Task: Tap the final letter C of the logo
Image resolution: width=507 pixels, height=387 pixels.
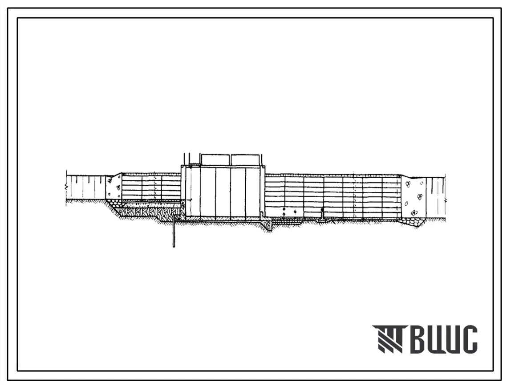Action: click(469, 339)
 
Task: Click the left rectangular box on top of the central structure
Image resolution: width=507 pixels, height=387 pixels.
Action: click(215, 159)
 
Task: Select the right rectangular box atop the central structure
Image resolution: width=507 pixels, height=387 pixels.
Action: click(245, 159)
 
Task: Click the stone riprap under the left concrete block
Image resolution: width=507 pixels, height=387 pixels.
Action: click(113, 203)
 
